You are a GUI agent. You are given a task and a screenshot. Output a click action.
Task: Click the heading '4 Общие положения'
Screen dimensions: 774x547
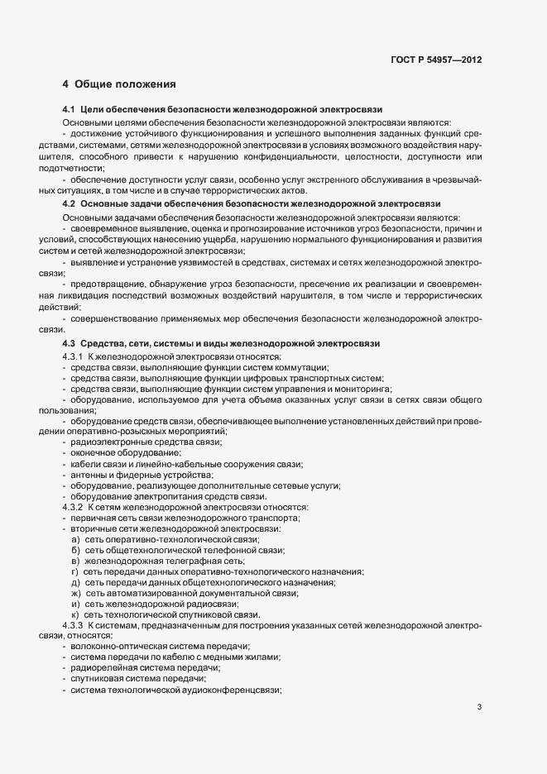point(119,84)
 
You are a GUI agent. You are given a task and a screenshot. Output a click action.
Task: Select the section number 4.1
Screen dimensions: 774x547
point(69,109)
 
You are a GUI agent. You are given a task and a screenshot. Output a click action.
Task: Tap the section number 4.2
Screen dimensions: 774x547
point(69,203)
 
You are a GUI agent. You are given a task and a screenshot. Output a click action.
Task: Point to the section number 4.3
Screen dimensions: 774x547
point(69,343)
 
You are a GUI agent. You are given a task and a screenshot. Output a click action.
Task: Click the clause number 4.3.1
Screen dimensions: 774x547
point(74,356)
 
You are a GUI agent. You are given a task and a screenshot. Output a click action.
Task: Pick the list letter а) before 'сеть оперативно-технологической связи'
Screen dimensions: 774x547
point(75,539)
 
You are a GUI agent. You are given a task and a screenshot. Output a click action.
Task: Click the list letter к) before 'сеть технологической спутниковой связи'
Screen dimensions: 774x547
point(75,614)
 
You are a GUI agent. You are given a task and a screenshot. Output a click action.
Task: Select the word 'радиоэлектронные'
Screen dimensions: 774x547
point(104,442)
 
